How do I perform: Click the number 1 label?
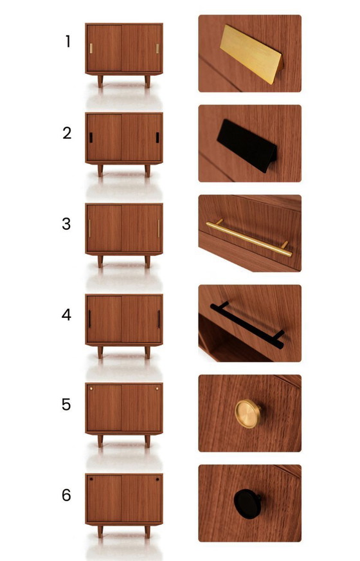68,42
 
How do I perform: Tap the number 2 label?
67,133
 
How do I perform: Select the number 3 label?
66,224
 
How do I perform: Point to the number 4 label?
66,315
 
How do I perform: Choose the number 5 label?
66,405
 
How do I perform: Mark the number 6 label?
66,495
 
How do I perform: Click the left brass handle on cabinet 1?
91,48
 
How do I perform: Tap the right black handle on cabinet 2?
157,138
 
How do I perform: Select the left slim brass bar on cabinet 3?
90,228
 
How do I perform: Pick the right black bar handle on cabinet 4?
159,319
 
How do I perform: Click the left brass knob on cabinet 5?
91,388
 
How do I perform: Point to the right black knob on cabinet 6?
157,479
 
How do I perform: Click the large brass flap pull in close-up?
251,53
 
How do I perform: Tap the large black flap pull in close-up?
247,145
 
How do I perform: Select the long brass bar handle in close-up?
249,239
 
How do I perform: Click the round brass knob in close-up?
248,414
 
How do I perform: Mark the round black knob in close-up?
247,504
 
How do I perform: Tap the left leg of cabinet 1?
100,81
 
